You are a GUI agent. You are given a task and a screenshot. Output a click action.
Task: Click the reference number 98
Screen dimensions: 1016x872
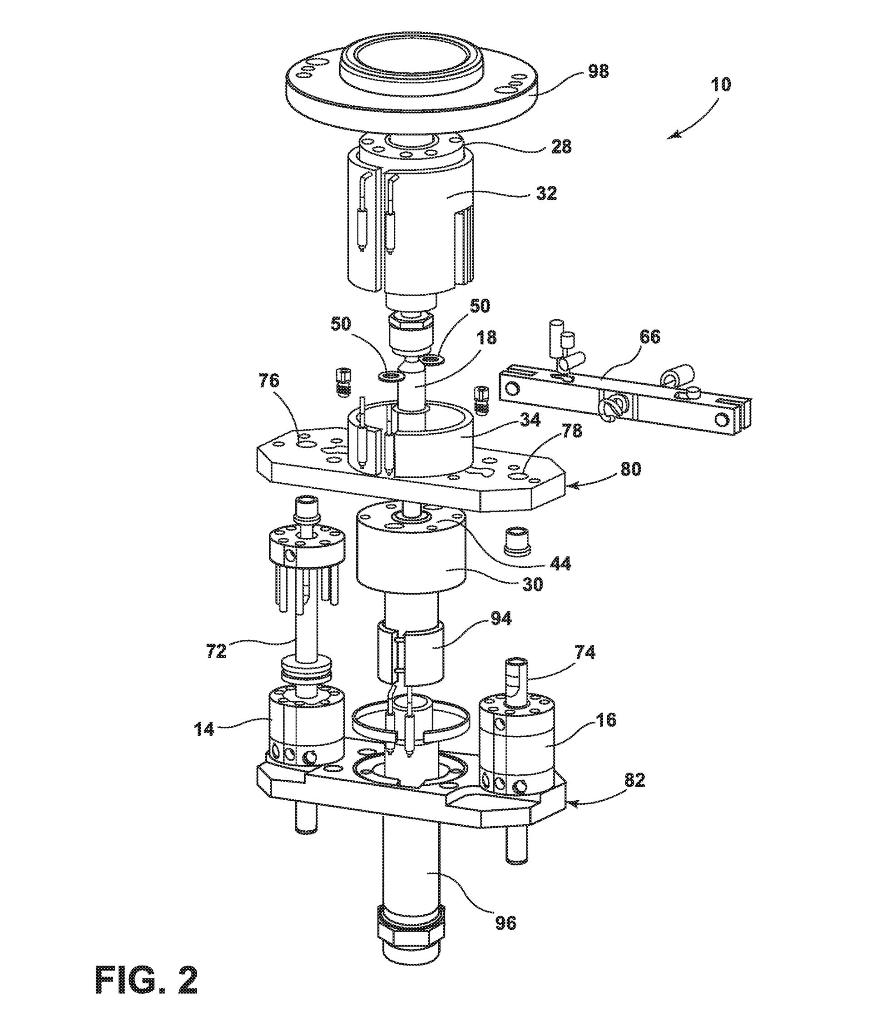598,71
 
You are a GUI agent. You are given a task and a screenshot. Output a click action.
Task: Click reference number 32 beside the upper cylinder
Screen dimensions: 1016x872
546,193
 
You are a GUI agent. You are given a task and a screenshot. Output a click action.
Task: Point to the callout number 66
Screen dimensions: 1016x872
650,337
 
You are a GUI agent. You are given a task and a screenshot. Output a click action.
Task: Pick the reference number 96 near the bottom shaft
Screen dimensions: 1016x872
505,923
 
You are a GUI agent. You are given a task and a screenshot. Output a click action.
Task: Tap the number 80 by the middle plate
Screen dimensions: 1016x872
630,469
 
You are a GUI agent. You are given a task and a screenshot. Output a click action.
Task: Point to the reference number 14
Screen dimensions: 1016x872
203,729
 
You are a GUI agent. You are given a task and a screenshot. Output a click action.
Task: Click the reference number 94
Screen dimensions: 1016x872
500,619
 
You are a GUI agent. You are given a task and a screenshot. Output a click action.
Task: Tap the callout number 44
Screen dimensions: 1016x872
560,564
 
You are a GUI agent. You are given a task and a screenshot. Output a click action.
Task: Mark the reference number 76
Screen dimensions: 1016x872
269,381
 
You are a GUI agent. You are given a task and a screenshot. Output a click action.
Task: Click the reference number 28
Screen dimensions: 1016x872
561,146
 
